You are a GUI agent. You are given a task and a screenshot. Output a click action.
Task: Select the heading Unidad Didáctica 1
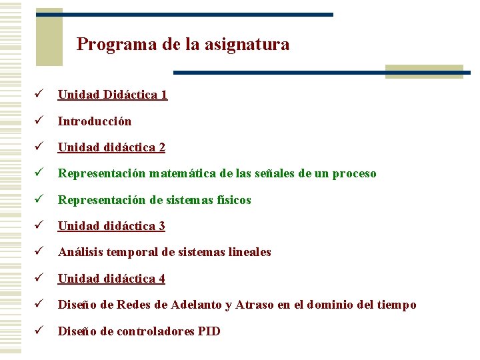(x=113, y=95)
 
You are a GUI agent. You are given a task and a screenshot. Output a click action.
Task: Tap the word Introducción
(x=95, y=121)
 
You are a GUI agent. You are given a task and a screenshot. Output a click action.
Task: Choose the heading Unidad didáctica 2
(x=111, y=147)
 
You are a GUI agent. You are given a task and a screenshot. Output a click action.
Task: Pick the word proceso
(x=354, y=173)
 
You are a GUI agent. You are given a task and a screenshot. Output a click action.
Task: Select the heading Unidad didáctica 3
(x=111, y=226)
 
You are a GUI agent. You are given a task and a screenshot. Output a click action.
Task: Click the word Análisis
(x=79, y=252)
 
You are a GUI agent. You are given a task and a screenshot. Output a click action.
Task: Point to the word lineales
(x=250, y=252)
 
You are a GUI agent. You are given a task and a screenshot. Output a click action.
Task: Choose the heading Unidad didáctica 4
(x=111, y=279)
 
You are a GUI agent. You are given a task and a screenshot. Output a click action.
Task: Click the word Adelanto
(x=197, y=305)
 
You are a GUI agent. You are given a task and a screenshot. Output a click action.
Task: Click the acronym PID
(x=209, y=331)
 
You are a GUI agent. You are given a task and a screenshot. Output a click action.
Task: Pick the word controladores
(x=157, y=331)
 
